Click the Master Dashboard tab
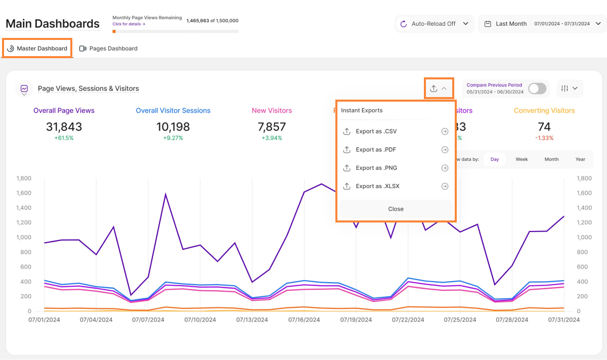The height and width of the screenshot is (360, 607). pos(37,49)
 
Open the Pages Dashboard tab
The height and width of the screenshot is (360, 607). pos(108,49)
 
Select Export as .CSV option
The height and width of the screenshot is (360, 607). pos(376,131)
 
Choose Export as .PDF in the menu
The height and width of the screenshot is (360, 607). pos(376,150)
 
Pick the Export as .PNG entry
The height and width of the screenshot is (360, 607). pos(376,168)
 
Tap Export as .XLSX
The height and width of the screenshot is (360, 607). pos(377,186)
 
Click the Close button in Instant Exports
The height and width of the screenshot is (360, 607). pos(396,209)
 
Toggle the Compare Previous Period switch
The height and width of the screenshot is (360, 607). pos(537,88)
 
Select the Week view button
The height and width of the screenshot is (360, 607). pos(522,159)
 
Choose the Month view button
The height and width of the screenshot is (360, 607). pos(551,159)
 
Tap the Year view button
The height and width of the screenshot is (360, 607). pos(580,159)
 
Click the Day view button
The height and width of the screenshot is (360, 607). pos(494,159)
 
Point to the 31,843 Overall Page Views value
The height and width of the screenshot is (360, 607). pos(64,127)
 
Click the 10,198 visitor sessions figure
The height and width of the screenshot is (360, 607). pos(173,127)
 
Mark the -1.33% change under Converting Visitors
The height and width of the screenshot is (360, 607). pos(544,138)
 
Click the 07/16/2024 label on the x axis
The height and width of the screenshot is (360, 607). pos(304,320)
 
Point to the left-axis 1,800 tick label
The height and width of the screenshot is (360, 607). pos(24,178)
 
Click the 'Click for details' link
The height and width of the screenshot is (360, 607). pos(128,24)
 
